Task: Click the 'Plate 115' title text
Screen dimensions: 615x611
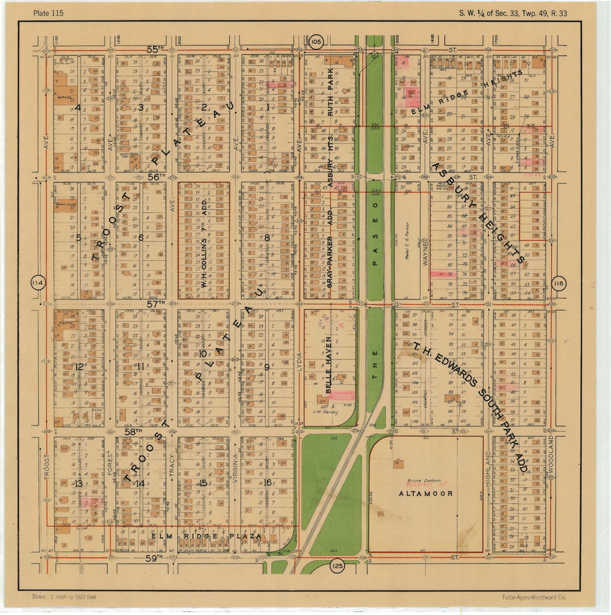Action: click(48, 13)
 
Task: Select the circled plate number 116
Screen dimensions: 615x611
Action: click(558, 284)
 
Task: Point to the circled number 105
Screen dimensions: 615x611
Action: click(316, 41)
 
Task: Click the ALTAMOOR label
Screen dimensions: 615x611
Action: click(426, 494)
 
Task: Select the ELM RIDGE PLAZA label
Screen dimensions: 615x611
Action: click(206, 536)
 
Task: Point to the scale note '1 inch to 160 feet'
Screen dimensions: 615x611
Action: click(64, 597)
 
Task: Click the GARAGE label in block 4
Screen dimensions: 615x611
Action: click(64, 96)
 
